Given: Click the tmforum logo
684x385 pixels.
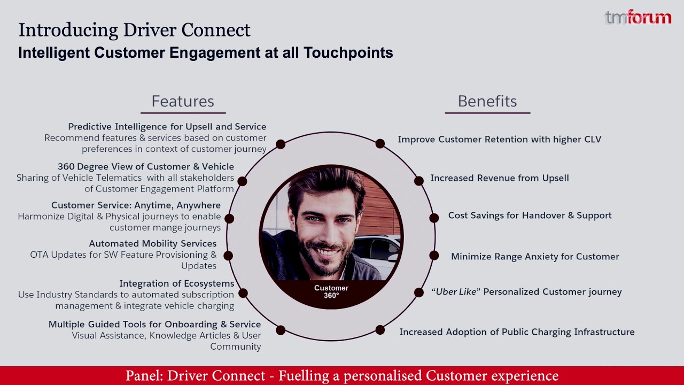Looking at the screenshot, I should [638, 18].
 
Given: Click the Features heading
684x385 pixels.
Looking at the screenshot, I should [183, 101].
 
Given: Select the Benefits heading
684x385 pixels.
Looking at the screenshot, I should [487, 101].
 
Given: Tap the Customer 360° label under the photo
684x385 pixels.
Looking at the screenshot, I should [331, 291].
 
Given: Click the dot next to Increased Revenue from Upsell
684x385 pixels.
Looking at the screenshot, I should [419, 181].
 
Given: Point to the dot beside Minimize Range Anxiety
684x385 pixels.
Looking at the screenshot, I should [434, 256].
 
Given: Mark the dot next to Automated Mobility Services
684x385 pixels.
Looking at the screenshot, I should [228, 256].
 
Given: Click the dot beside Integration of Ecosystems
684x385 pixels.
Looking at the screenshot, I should [243, 293].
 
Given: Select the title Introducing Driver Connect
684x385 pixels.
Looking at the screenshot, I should [134, 30].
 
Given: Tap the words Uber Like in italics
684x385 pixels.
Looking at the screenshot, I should [455, 292].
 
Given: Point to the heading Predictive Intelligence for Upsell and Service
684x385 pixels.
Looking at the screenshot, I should [167, 127].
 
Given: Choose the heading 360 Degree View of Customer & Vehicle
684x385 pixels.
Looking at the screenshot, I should [146, 166].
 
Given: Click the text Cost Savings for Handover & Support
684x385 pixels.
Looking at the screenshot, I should [530, 215].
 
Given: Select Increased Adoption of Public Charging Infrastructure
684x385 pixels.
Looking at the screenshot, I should [517, 332].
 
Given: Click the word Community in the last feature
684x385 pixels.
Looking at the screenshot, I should [235, 346].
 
